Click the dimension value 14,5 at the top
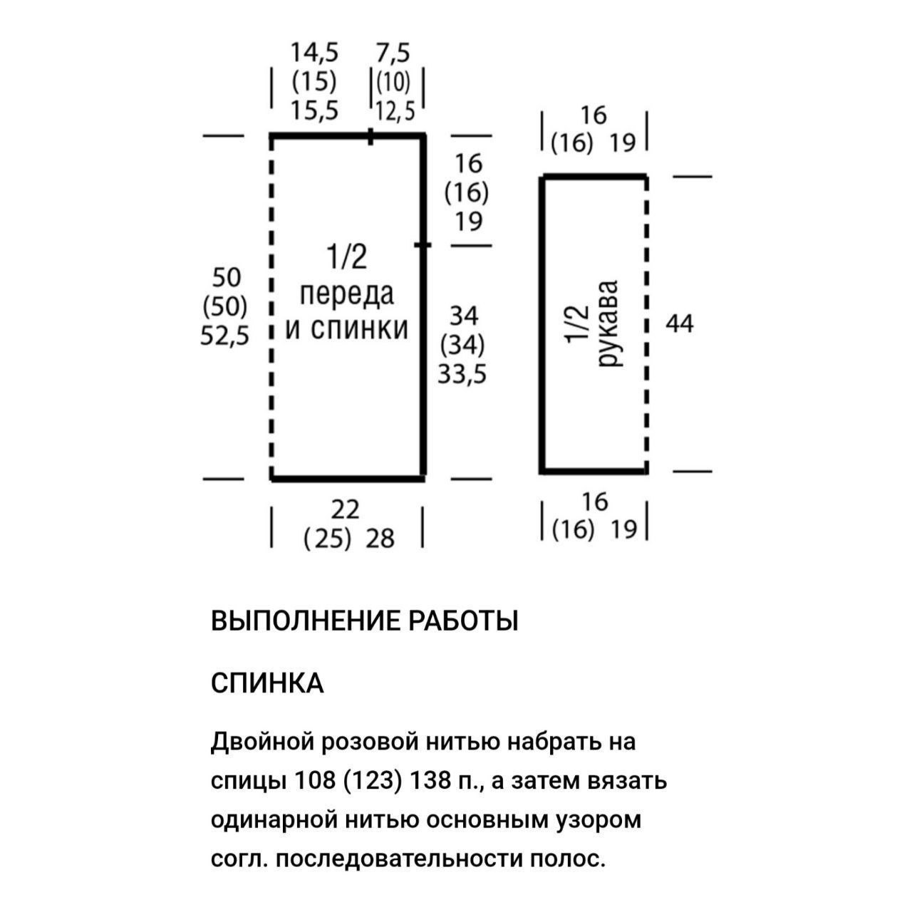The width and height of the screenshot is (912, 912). click(314, 53)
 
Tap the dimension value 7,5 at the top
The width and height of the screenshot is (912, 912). click(393, 53)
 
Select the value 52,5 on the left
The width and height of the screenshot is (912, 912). click(224, 336)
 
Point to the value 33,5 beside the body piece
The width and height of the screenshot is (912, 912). click(462, 373)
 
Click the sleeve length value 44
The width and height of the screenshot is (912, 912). click(679, 324)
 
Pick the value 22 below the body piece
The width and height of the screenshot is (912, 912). click(346, 509)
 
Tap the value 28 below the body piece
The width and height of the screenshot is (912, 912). click(380, 539)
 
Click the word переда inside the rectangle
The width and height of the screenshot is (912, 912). click(346, 294)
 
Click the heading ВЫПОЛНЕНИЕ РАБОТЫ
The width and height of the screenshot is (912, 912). click(365, 621)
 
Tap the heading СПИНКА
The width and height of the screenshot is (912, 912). click(268, 683)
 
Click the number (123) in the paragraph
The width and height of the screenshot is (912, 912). click(370, 781)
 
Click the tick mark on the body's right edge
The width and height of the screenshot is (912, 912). click(423, 245)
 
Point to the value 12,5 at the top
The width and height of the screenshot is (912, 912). click(395, 111)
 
